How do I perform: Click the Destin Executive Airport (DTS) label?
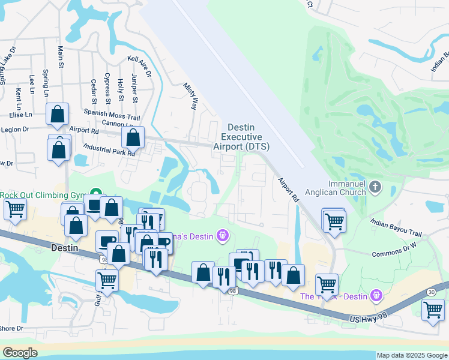pos(249,137)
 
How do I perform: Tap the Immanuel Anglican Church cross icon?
pos(375,187)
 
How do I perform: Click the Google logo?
pos(20,353)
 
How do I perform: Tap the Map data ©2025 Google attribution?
pos(412,355)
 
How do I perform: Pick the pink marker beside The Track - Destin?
pos(376,295)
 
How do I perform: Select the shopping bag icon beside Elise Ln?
pos(57,114)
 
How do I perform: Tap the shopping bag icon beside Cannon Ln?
pos(133,137)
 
